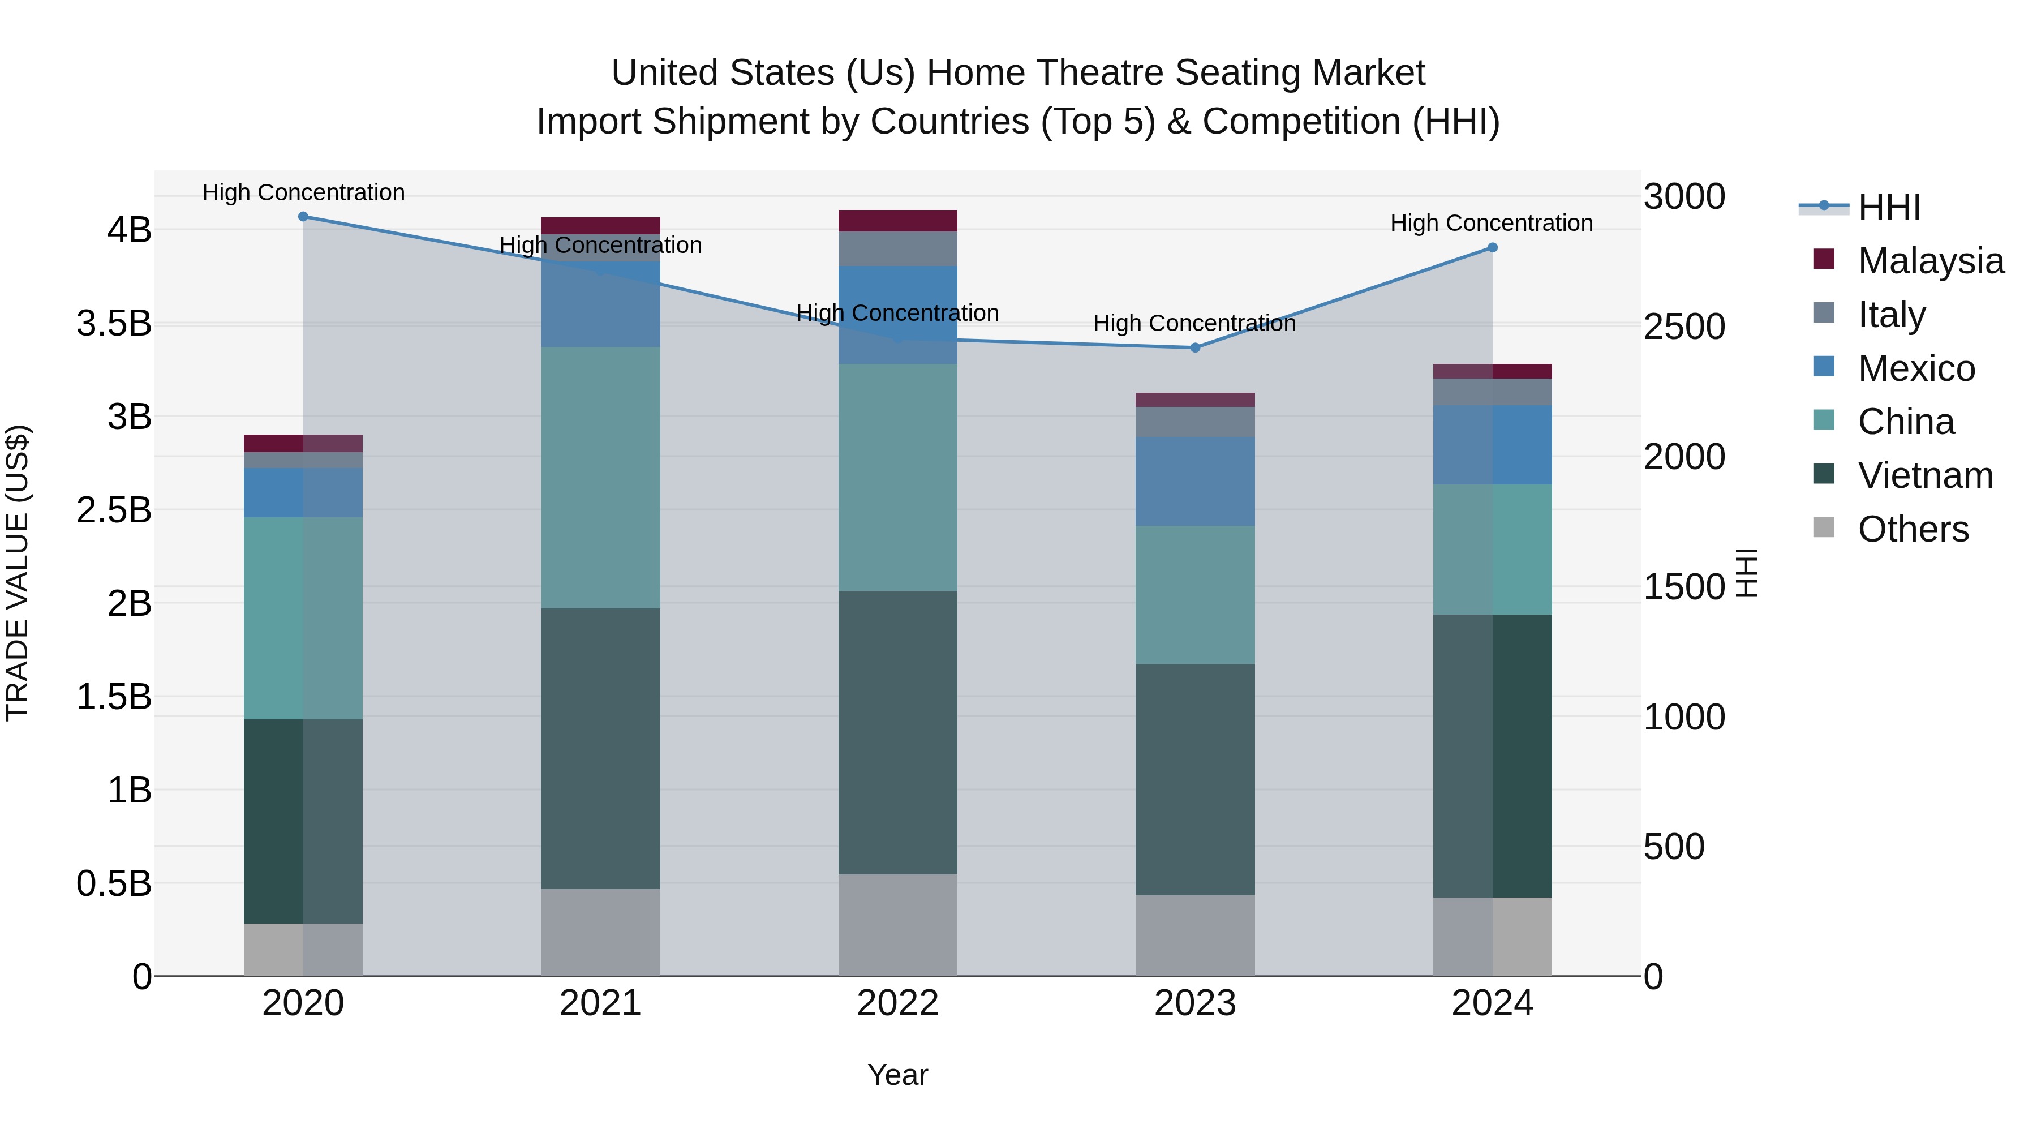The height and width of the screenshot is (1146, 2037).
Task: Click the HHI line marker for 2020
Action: click(303, 217)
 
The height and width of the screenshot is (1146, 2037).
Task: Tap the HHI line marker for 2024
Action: click(1492, 247)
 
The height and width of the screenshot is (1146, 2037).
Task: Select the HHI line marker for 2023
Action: click(1195, 348)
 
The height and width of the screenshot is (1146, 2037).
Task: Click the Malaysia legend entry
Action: click(1929, 261)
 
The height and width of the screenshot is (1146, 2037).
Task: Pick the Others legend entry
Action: click(1912, 529)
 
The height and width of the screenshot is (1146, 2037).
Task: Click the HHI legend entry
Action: click(1888, 207)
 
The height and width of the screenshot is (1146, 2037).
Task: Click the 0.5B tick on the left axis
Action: click(114, 883)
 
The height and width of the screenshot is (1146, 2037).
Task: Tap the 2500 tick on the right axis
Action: click(1684, 327)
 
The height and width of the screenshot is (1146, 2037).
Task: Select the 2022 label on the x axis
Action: click(897, 1003)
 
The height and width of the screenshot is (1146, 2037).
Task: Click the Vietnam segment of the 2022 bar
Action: click(897, 732)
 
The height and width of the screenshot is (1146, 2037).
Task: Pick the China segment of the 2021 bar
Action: click(600, 477)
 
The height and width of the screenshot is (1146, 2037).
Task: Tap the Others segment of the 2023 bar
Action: click(1195, 935)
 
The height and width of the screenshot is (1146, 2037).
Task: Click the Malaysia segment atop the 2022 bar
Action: click(897, 221)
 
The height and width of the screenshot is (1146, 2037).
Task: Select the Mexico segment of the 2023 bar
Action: click(1195, 481)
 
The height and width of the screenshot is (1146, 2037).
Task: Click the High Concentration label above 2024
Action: click(1492, 223)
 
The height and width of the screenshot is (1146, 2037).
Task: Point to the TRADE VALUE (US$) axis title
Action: click(18, 573)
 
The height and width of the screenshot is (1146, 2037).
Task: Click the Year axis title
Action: click(897, 1075)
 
